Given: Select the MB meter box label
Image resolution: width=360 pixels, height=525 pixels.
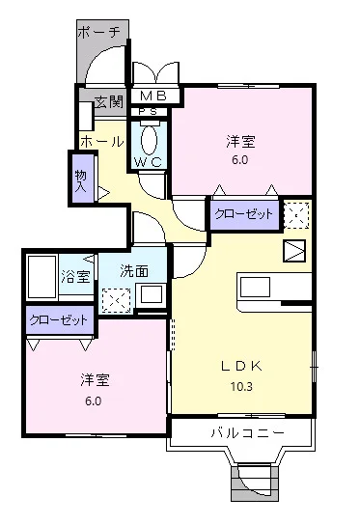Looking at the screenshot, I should click(x=154, y=97).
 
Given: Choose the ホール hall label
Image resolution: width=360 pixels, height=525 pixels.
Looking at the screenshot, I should click(x=100, y=141).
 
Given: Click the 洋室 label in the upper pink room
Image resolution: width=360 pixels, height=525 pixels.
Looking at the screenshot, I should click(x=240, y=142).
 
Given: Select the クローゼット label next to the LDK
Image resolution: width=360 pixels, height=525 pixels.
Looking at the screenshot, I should click(x=243, y=213).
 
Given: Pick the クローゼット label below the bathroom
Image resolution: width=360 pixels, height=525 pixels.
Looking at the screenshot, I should click(x=60, y=318).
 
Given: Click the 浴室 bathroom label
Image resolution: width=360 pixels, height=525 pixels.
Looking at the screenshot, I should click(x=77, y=276).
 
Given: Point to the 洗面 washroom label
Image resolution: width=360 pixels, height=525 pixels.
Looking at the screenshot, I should click(x=134, y=271).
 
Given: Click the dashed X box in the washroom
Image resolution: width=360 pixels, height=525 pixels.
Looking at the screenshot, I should click(x=116, y=299).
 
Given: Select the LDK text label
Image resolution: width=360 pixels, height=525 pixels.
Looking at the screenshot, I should click(x=241, y=366).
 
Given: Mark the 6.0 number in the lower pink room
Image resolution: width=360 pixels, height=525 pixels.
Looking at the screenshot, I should click(x=94, y=401).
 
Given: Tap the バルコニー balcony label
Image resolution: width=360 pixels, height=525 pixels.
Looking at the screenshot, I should click(x=247, y=433).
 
